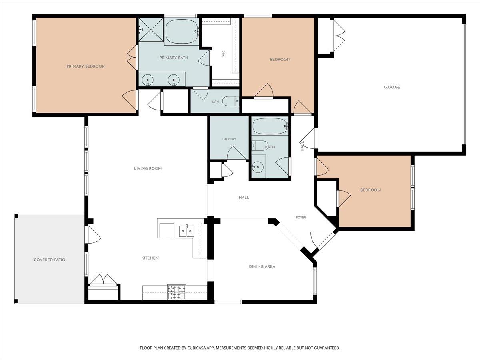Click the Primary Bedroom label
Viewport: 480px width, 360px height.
point(86,66)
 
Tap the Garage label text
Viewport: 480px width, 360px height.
point(392,87)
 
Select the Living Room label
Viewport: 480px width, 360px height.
point(148,168)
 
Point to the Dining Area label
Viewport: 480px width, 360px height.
point(262,266)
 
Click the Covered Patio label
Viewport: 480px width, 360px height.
point(50,260)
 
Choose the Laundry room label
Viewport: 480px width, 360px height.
point(229,139)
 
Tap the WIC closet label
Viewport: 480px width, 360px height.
point(224,54)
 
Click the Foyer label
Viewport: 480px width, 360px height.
point(301,217)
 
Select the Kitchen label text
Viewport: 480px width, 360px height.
point(150,258)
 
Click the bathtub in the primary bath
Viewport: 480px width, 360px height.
point(182,32)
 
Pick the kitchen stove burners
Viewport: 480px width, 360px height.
point(177,292)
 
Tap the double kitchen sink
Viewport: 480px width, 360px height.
point(186,231)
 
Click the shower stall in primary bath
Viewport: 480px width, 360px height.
point(151,30)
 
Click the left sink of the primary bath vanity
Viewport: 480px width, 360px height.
point(148,80)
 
